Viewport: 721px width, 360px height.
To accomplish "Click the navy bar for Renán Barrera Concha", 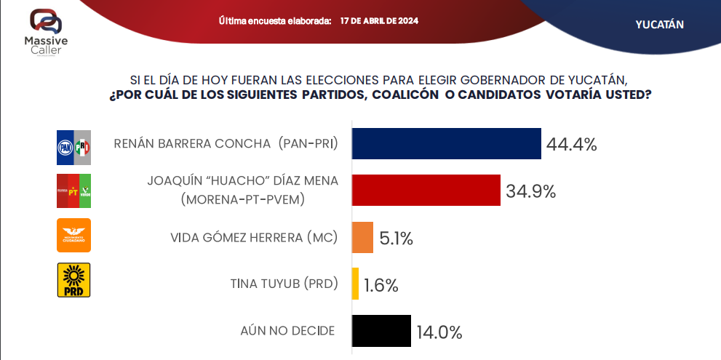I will point(447,143).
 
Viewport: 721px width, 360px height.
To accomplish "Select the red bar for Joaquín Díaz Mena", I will point(426,191).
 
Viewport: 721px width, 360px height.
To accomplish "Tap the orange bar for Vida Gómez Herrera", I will point(362,238).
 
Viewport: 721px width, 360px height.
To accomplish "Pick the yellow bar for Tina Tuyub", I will point(355,284).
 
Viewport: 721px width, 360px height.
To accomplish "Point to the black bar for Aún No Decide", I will point(381,331).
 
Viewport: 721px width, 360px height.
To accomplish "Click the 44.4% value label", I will point(571,145).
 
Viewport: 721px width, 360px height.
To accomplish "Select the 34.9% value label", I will point(530,192).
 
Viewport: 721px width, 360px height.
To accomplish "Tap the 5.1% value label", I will point(397,239).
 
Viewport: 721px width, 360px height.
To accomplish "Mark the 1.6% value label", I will point(381,285).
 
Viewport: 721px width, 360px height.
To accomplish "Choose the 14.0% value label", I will point(439,332).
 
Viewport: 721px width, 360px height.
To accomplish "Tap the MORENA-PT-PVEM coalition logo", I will point(73,191).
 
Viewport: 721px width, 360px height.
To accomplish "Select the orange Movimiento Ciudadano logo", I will point(73,235).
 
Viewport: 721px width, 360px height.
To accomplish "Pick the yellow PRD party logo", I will point(73,280).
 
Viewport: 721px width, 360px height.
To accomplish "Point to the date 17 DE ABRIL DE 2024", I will point(378,20).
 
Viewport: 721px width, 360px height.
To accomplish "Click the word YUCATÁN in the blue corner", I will point(659,24).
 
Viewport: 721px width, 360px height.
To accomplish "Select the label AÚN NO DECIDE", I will point(287,330).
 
